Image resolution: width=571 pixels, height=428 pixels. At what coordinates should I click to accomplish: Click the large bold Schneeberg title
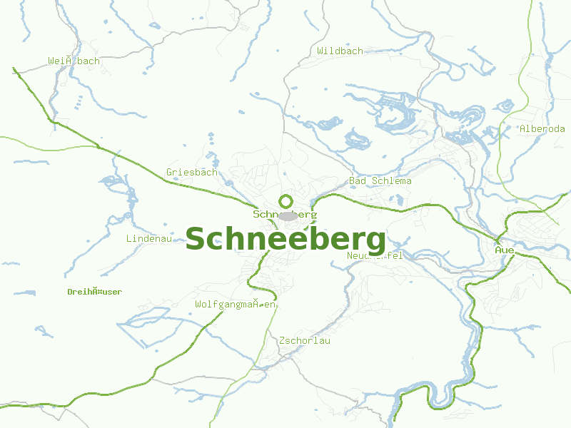(x=285, y=240)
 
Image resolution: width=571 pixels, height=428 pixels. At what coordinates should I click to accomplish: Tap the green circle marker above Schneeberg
(x=285, y=201)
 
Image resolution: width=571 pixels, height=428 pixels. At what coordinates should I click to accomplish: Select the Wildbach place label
(x=340, y=51)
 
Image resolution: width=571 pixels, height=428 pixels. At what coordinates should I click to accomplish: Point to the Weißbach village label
(x=74, y=61)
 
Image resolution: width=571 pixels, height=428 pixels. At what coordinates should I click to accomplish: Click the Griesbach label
(x=191, y=173)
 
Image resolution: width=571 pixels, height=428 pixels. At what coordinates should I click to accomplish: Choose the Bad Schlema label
(x=380, y=181)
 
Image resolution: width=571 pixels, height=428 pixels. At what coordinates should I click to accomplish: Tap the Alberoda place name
(x=542, y=129)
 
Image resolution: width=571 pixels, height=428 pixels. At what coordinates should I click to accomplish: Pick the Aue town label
(x=505, y=250)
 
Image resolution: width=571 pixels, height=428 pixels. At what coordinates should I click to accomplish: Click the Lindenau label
(x=148, y=239)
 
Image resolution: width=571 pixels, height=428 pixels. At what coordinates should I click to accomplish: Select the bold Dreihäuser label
(x=94, y=292)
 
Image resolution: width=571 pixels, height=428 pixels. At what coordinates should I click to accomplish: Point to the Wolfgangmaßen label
(x=236, y=305)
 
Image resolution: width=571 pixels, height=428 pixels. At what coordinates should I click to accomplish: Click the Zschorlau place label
(x=305, y=341)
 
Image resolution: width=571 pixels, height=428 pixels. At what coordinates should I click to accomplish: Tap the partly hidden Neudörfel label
(x=375, y=256)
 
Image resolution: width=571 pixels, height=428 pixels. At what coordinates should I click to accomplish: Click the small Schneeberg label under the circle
(x=285, y=214)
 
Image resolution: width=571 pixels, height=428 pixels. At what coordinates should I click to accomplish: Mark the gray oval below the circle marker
(x=288, y=216)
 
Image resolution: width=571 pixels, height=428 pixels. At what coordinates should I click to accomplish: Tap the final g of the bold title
(x=375, y=243)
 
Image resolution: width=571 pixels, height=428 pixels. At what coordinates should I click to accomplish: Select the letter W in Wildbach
(x=320, y=51)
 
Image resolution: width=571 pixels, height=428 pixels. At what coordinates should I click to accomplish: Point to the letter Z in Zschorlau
(x=283, y=341)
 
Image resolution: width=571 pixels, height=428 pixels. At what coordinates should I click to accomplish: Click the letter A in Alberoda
(x=523, y=129)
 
